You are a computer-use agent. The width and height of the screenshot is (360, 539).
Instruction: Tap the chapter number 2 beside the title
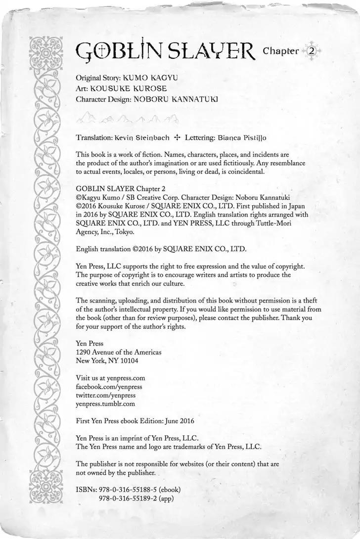point(312,51)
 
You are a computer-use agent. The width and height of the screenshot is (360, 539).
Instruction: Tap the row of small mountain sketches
point(128,119)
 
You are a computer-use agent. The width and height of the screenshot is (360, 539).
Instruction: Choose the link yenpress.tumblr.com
point(105,404)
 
